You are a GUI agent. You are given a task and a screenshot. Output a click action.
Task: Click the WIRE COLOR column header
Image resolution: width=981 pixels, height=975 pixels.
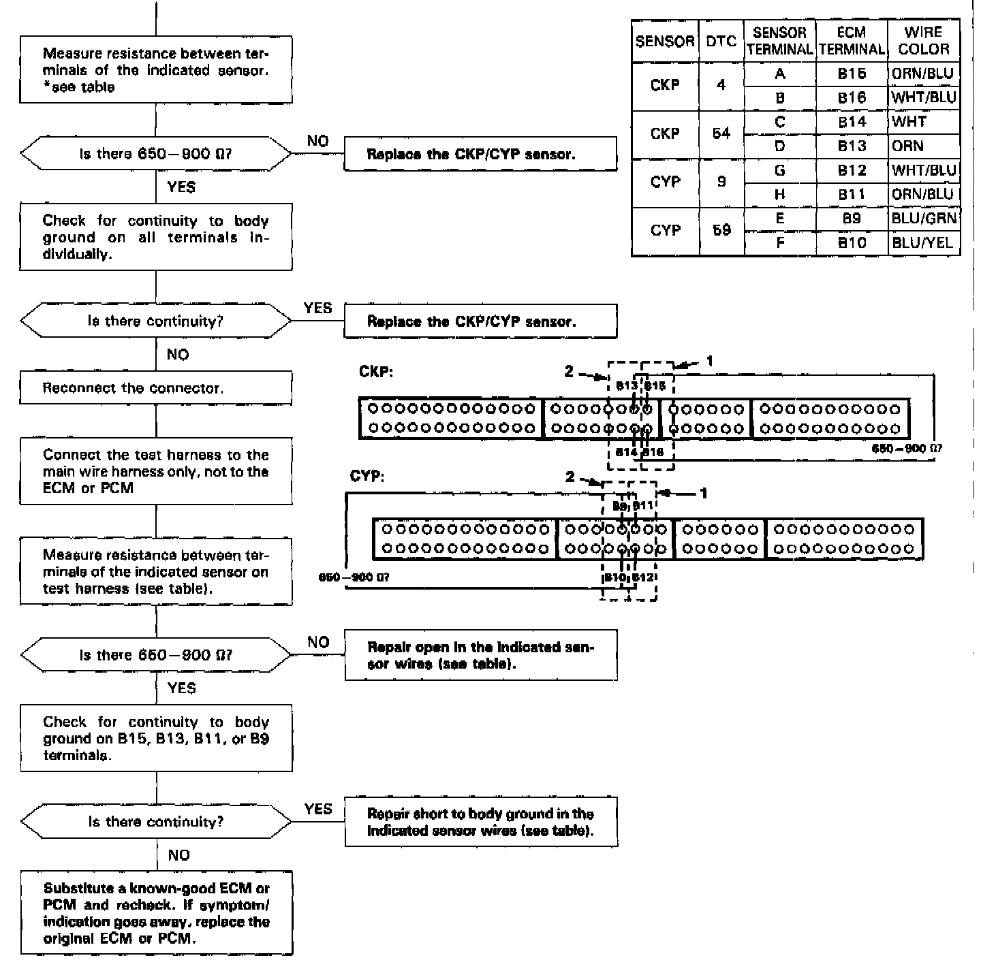click(x=923, y=41)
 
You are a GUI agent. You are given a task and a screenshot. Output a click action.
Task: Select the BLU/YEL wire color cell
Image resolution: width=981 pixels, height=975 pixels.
click(x=923, y=242)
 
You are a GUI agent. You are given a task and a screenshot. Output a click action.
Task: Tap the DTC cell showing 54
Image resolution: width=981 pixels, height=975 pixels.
click(x=721, y=133)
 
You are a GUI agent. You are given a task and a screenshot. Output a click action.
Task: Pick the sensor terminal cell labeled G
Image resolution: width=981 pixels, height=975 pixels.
click(x=780, y=170)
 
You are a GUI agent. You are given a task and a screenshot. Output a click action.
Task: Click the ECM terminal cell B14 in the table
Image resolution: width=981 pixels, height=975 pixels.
click(x=852, y=122)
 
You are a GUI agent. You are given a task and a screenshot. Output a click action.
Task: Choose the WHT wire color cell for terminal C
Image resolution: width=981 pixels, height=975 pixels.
click(x=923, y=122)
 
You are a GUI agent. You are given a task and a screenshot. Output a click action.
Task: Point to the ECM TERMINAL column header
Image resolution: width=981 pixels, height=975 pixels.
click(x=852, y=41)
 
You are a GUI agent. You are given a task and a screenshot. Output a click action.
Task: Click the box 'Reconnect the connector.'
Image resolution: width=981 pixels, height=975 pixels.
click(x=156, y=388)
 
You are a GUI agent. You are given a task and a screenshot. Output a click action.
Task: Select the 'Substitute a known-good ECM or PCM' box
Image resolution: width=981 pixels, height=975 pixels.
click(x=156, y=913)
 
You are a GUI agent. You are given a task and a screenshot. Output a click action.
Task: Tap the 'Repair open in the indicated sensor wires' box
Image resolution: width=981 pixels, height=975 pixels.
click(x=480, y=655)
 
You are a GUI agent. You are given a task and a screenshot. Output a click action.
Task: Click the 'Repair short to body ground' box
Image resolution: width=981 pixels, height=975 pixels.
click(x=480, y=822)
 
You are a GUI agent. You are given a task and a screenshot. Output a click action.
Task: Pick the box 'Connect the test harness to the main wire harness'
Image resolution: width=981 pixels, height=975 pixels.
click(x=156, y=471)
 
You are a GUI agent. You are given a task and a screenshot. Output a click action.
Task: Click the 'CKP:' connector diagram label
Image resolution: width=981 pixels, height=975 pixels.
click(x=375, y=372)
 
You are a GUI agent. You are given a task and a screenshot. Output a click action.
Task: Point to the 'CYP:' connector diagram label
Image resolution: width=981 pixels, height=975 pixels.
click(x=367, y=476)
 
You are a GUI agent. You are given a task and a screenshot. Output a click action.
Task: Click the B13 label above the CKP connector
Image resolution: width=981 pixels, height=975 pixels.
click(x=626, y=386)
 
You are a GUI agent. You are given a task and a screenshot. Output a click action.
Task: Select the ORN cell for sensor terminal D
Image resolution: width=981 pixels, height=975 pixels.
click(x=923, y=146)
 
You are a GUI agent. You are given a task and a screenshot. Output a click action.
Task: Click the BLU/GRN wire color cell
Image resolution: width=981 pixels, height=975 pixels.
click(x=923, y=219)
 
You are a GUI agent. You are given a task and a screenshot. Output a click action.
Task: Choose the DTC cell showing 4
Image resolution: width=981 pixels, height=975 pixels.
click(x=721, y=85)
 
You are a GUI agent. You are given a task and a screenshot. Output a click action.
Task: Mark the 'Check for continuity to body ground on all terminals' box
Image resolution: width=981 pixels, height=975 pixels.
click(x=156, y=237)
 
